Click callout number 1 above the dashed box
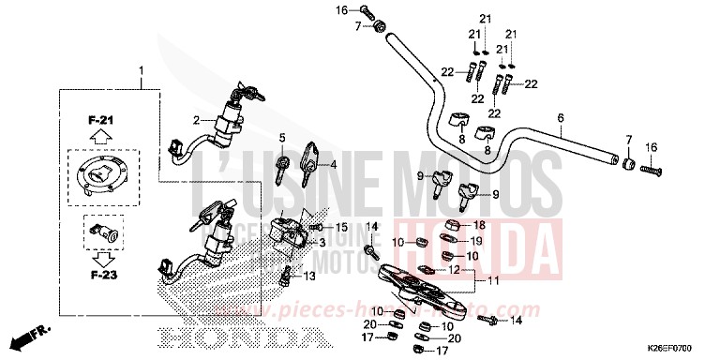(x=142, y=71)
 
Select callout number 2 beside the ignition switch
(x=198, y=120)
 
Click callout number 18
(x=479, y=225)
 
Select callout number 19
(x=475, y=241)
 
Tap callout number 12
(x=453, y=269)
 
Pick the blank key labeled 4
(x=309, y=161)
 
